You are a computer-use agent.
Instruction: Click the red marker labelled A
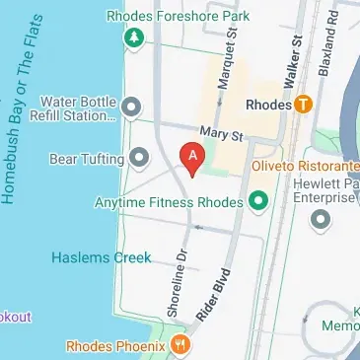pos(192,157)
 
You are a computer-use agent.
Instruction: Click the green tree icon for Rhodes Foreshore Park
pos(132,37)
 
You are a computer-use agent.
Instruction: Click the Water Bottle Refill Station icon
pos(131,106)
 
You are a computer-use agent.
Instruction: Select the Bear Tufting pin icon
pos(139,157)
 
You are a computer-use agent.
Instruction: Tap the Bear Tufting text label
pos(87,157)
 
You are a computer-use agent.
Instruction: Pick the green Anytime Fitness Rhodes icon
pos(259,203)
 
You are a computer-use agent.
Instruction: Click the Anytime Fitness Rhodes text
pos(168,203)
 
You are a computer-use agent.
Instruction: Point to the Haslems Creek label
pos(102,257)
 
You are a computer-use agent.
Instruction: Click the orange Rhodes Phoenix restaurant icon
pos(180,345)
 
